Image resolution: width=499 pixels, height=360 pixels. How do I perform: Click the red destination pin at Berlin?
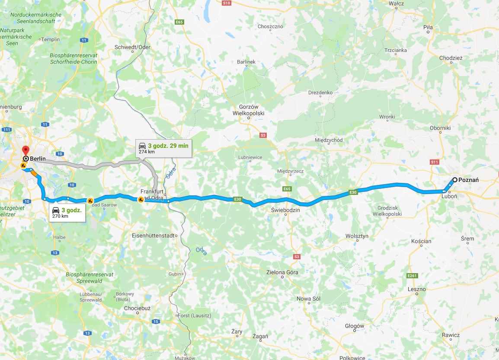25,150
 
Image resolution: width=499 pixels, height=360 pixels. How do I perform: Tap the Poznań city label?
468,180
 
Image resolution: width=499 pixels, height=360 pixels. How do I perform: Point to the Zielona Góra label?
282,272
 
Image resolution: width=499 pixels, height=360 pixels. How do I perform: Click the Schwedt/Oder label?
132,47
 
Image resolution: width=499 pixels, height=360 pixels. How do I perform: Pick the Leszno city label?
416,289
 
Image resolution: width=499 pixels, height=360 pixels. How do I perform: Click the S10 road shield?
227,3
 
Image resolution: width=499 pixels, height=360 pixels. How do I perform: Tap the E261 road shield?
412,275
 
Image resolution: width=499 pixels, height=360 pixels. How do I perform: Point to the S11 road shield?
435,162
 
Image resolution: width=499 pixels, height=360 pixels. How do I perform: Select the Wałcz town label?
396,3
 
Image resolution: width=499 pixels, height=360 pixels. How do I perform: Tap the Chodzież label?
451,58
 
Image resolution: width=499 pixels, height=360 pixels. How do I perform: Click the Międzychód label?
329,140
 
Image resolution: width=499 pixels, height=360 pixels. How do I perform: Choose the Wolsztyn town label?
357,236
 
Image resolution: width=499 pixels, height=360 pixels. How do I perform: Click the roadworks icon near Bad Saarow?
90,200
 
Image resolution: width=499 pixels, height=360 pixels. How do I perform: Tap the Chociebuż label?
137,308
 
